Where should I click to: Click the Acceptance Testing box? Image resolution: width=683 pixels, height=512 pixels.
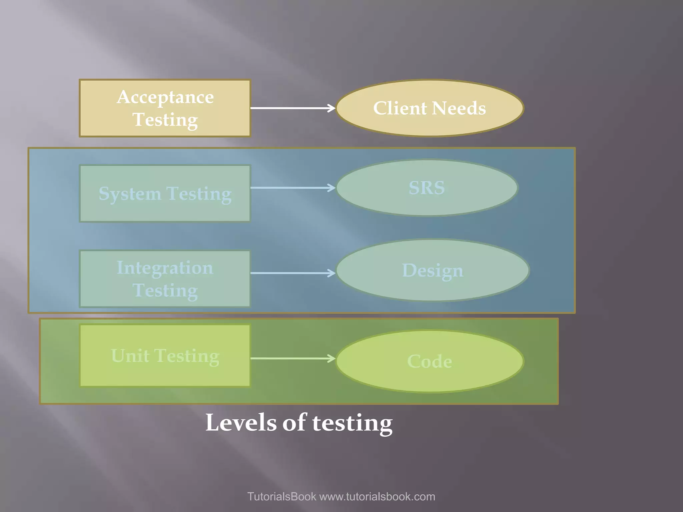[x=165, y=108]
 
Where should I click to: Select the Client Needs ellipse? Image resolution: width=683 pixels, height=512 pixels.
[x=430, y=108]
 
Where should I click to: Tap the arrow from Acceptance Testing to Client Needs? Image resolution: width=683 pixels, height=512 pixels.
[x=292, y=108]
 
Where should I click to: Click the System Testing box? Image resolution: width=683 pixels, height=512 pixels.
[x=165, y=193]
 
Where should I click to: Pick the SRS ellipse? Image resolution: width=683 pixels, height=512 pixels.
[x=427, y=188]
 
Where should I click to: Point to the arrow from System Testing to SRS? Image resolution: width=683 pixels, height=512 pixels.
[x=292, y=188]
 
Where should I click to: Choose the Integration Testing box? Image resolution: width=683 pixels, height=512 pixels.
[x=165, y=279]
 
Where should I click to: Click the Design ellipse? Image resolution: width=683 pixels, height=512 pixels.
[x=433, y=270]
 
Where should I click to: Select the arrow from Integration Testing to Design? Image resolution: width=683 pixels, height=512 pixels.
[x=292, y=273]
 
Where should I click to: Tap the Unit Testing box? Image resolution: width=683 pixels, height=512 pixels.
[x=165, y=355]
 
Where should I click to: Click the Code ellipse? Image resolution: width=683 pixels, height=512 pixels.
[x=430, y=361]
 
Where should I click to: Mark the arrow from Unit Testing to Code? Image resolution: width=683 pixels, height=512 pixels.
[x=292, y=358]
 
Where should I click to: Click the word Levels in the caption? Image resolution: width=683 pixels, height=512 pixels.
[x=241, y=423]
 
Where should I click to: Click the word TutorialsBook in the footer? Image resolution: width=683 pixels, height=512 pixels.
[x=281, y=497]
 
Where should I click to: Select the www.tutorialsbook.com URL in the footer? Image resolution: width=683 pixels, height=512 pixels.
[x=377, y=497]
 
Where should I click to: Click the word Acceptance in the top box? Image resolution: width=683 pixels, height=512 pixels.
[x=165, y=97]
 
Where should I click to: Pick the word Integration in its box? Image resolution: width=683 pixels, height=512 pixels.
[x=165, y=268]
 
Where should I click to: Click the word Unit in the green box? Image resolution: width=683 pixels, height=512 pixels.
[x=130, y=355]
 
